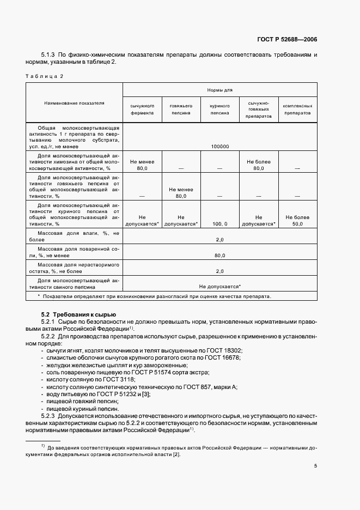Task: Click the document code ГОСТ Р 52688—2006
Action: coord(287,39)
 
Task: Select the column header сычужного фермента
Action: coord(142,109)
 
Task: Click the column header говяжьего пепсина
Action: coord(181,109)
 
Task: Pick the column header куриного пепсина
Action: coord(220,109)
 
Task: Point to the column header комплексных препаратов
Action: coord(297,109)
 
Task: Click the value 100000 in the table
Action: coord(220,146)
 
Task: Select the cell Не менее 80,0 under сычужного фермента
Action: coord(142,165)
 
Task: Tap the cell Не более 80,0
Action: coord(259,165)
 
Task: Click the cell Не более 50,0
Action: coord(297,220)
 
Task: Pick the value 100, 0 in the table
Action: coord(220,224)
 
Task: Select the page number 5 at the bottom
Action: coord(316,466)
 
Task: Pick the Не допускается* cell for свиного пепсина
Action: coord(220,286)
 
